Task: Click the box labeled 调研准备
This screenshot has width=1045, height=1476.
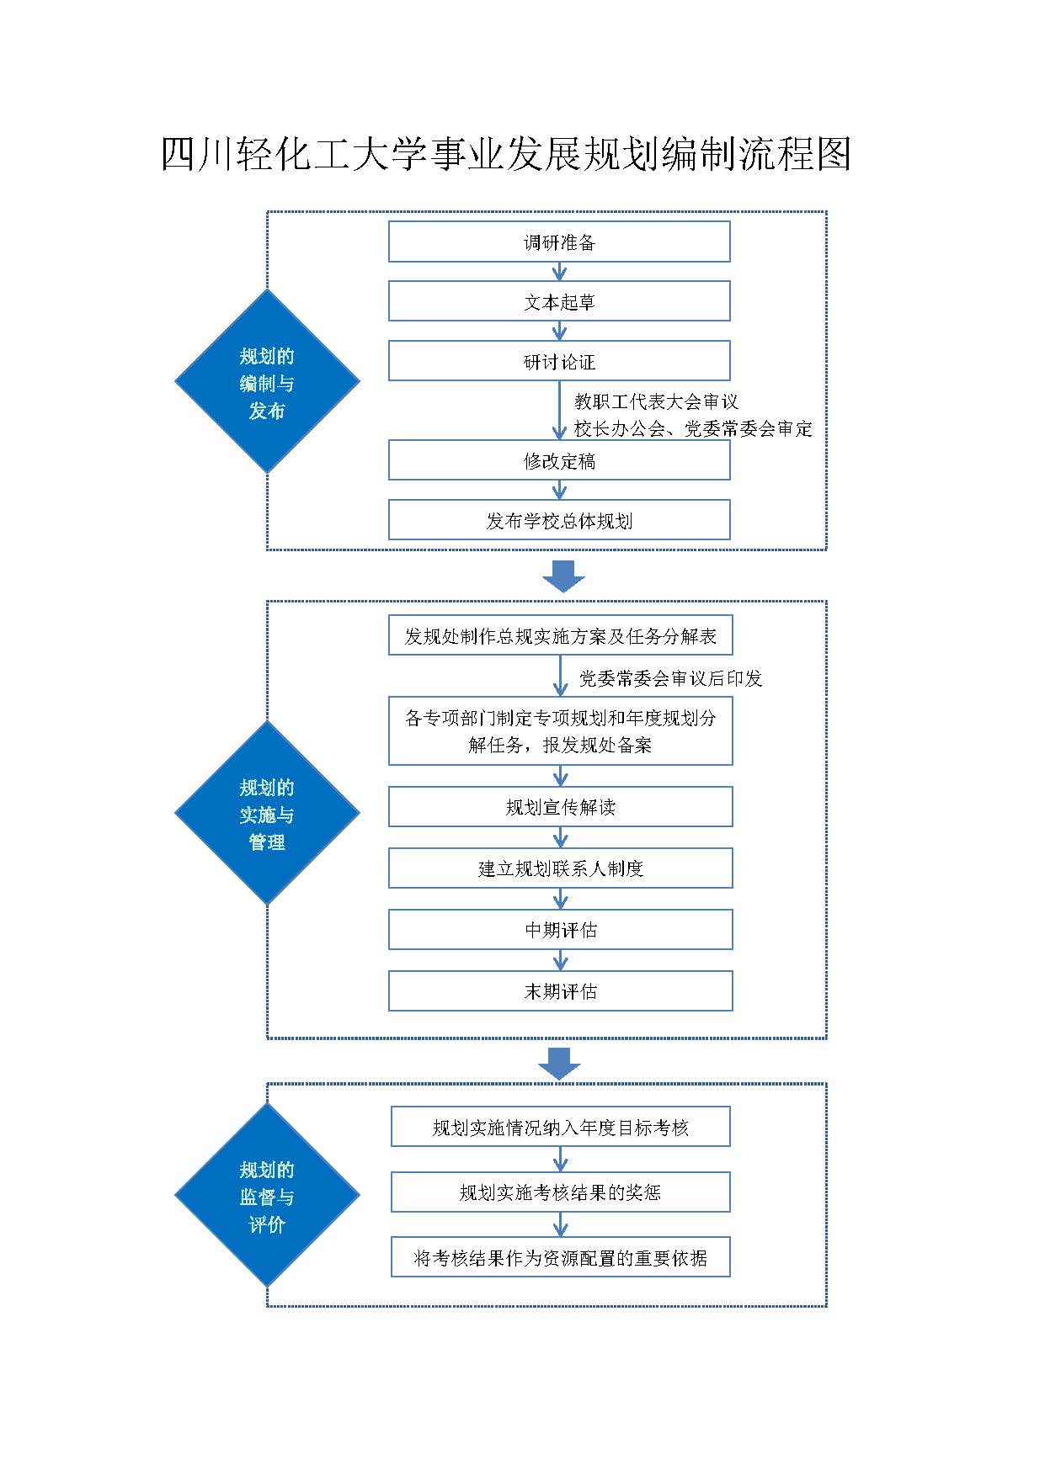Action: click(559, 242)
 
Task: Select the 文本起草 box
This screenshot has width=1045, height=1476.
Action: click(559, 301)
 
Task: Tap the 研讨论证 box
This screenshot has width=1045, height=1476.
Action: click(559, 362)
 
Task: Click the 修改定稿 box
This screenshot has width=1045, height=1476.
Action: click(559, 461)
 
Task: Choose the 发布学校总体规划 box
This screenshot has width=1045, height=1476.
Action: click(559, 521)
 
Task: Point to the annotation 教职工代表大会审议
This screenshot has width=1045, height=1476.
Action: click(656, 402)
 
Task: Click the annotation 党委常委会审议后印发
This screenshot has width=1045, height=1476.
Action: click(670, 679)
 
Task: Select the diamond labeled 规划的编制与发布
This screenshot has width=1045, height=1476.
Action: click(267, 382)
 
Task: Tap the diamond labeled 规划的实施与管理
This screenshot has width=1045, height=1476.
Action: click(267, 814)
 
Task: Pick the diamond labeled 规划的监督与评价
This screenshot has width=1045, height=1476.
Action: click(267, 1196)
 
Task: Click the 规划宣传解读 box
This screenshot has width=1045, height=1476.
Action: click(560, 808)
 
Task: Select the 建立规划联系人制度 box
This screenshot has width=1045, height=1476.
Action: click(560, 868)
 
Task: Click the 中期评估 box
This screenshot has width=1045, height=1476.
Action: click(560, 930)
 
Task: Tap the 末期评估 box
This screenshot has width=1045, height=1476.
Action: click(560, 991)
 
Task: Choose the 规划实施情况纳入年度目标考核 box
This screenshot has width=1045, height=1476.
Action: click(560, 1128)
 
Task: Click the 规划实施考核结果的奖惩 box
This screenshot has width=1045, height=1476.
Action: click(560, 1192)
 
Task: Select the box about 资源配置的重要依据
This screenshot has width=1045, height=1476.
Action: click(560, 1258)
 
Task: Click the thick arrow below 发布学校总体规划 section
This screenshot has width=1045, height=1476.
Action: click(562, 576)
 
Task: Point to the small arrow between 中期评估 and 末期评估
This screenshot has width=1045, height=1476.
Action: click(561, 960)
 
